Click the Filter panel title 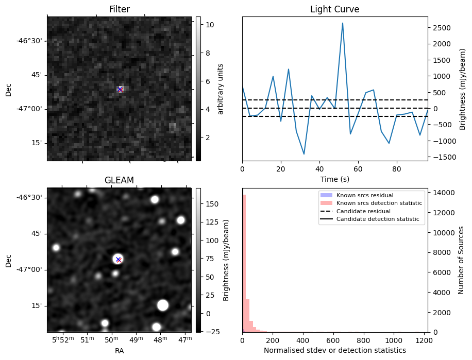point(119,9)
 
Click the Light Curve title point(334,9)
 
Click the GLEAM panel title point(119,180)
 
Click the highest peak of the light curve point(342,23)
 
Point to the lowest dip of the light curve point(304,153)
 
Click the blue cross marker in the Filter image point(120,90)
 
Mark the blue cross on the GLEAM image point(118,259)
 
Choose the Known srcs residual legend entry point(364,196)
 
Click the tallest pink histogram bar point(244,263)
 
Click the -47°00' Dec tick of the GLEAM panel point(29,269)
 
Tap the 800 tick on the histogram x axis point(364,340)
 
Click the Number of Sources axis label point(461,260)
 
